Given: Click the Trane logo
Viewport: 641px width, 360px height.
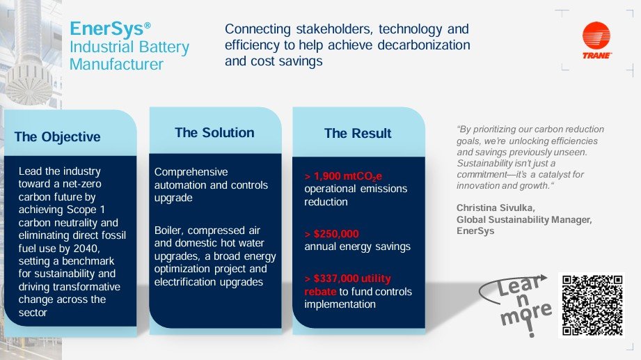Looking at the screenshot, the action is click(596, 41).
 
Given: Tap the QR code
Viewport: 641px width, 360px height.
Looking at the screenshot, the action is click(592, 305).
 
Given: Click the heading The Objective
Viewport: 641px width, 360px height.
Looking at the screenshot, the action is click(57, 136).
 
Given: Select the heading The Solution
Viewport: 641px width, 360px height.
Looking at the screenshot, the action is click(214, 132).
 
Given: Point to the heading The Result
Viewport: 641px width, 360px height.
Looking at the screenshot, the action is click(358, 134).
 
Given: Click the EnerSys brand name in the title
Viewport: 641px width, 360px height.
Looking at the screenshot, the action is click(107, 29).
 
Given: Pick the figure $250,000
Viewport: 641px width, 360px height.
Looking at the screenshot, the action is click(336, 233).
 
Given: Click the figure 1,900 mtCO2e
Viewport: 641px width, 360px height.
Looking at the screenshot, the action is click(348, 176).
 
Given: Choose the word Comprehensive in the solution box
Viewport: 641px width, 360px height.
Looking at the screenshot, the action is click(191, 172).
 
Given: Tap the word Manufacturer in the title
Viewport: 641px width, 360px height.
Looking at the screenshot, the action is click(116, 64).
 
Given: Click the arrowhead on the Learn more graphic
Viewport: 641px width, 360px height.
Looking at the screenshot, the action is click(541, 279).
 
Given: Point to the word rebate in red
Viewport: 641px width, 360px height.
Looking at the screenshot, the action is click(320, 292).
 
